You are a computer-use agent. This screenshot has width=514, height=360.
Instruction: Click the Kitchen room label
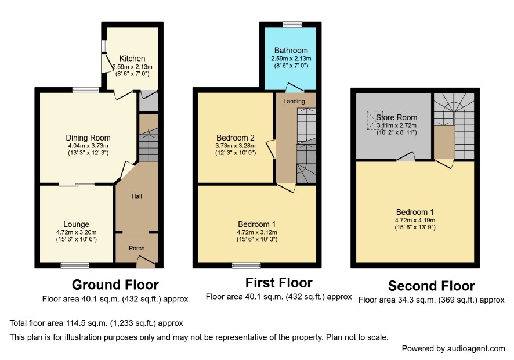click(132, 59)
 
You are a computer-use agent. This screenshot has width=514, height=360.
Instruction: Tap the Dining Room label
click(88, 138)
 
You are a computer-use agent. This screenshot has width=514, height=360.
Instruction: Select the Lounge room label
click(77, 225)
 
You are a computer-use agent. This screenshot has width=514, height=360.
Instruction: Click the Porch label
click(137, 248)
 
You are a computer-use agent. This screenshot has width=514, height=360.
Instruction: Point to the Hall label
click(137, 196)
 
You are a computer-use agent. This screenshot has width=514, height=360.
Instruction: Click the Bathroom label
click(291, 51)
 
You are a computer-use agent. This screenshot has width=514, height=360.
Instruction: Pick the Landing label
click(294, 102)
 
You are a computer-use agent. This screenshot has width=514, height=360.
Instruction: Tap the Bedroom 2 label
click(236, 138)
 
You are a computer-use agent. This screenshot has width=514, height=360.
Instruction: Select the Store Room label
click(397, 117)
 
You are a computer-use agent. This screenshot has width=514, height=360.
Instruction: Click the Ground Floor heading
click(115, 285)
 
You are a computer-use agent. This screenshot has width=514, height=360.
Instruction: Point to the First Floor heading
click(279, 283)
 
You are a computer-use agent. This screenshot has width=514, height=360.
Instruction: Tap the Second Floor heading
click(432, 286)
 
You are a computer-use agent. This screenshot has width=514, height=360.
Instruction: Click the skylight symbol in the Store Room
click(375, 120)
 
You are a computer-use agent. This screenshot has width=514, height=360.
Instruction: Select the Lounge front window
click(75, 265)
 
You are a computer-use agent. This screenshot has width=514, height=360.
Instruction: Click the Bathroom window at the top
click(292, 24)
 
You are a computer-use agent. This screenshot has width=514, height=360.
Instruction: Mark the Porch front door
click(146, 261)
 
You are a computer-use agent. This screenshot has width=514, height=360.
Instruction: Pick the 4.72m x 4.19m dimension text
click(415, 221)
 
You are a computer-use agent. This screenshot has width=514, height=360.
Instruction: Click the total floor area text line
click(96, 323)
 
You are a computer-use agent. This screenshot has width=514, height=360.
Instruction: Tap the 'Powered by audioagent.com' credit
click(453, 348)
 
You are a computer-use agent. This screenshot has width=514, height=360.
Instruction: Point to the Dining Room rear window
click(86, 90)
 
